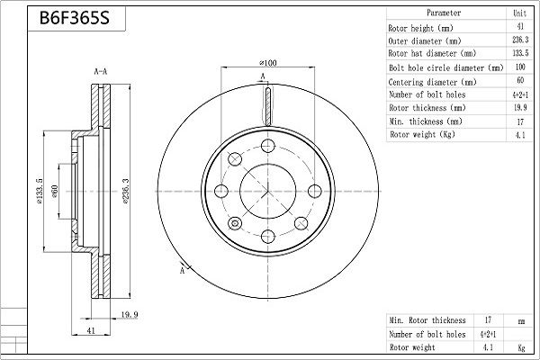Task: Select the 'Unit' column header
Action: click(x=518, y=13)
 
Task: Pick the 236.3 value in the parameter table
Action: click(x=518, y=40)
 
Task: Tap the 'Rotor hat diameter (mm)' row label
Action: click(x=429, y=54)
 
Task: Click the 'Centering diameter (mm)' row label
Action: click(x=429, y=81)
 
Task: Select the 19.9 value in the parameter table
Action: click(x=518, y=108)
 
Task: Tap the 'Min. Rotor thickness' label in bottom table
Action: click(x=427, y=319)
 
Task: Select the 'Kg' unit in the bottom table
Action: click(x=520, y=346)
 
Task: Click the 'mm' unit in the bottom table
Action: click(x=520, y=319)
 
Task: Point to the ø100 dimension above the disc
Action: click(x=267, y=63)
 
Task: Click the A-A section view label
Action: click(x=102, y=70)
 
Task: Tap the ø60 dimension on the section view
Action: click(x=56, y=192)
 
